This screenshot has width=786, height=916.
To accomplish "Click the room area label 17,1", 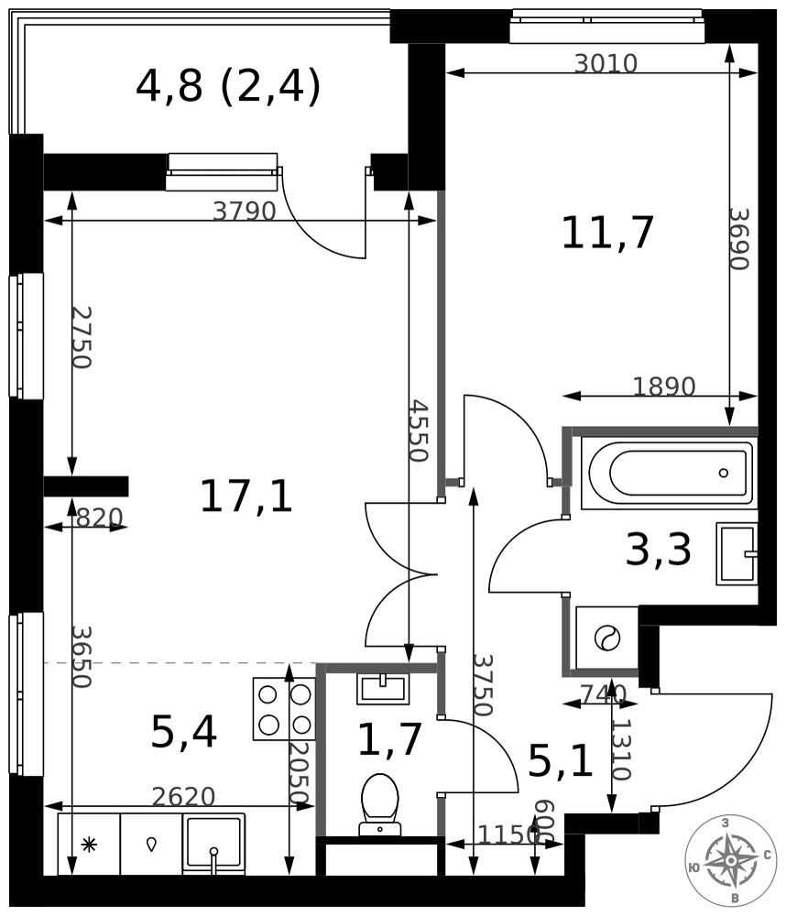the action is (246, 496).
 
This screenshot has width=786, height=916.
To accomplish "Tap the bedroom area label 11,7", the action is (607, 233).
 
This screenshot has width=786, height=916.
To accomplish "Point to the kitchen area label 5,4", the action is (183, 732).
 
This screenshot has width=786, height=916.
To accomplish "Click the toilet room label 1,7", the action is (389, 739).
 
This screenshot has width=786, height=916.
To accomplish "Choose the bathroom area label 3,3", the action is (659, 550).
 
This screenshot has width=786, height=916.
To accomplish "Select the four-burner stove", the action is (285, 709).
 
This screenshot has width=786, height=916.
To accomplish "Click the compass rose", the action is (731, 860).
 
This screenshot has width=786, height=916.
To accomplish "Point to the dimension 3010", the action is (606, 63).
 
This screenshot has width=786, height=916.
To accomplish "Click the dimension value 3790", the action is (245, 211).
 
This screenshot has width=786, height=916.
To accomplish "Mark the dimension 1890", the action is (664, 387).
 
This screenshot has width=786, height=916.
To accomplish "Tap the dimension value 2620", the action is (183, 796).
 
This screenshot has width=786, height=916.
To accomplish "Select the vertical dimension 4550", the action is (419, 431).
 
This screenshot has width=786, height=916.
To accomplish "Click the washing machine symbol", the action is (606, 638).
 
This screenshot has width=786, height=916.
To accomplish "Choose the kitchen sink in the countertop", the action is (213, 845).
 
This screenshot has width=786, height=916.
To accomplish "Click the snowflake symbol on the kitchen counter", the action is (89, 845).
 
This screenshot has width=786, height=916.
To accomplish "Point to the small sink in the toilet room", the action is (382, 688).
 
